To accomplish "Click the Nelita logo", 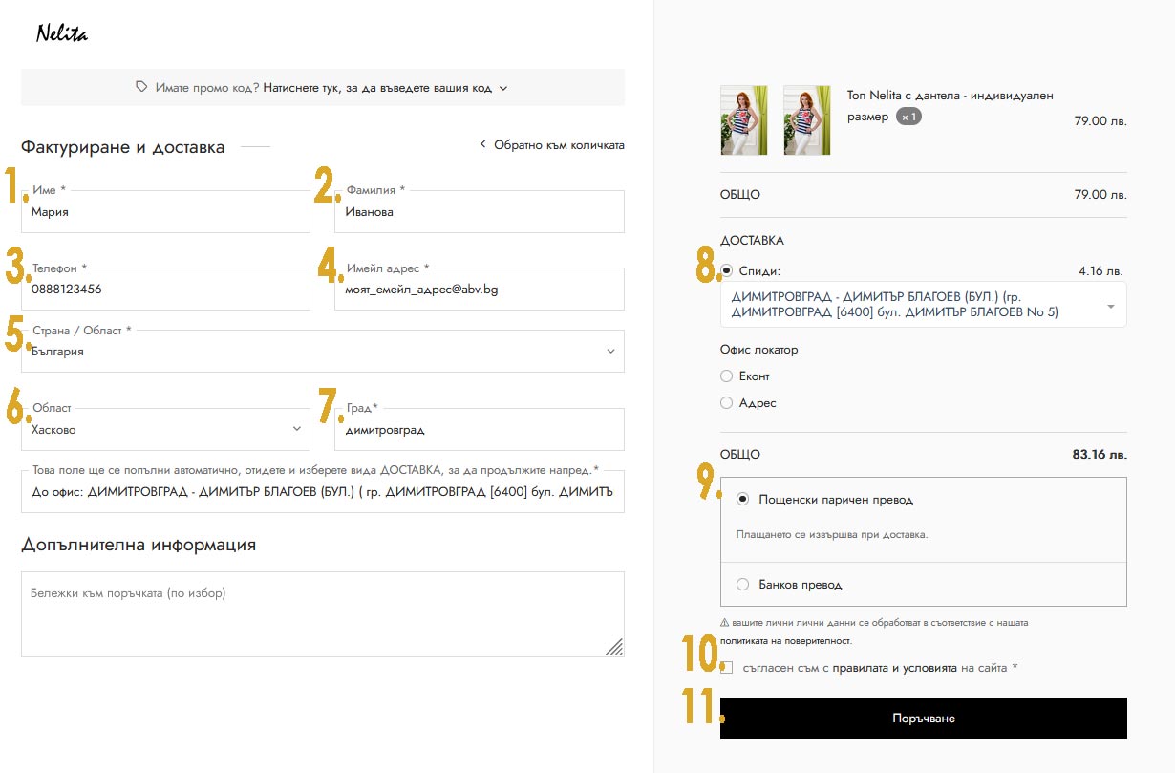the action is click(62, 33).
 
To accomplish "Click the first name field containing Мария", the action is click(165, 211).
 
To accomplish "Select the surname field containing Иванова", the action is click(480, 211).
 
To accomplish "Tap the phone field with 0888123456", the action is click(165, 289).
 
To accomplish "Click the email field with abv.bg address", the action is click(480, 289).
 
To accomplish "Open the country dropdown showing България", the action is click(323, 351).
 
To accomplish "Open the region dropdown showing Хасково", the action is click(165, 429).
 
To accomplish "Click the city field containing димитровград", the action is click(480, 429).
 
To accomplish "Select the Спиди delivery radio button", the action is click(727, 270).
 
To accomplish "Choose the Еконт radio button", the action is click(727, 376).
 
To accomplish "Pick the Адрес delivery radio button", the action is click(727, 402).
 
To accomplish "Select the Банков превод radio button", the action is click(742, 584).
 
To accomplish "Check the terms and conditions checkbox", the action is click(727, 668).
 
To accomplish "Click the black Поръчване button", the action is click(923, 718).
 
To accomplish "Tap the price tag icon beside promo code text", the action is click(141, 86).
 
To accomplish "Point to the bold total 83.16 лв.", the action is click(1100, 454).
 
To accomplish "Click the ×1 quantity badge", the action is click(908, 117).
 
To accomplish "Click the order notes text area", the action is click(323, 614).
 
